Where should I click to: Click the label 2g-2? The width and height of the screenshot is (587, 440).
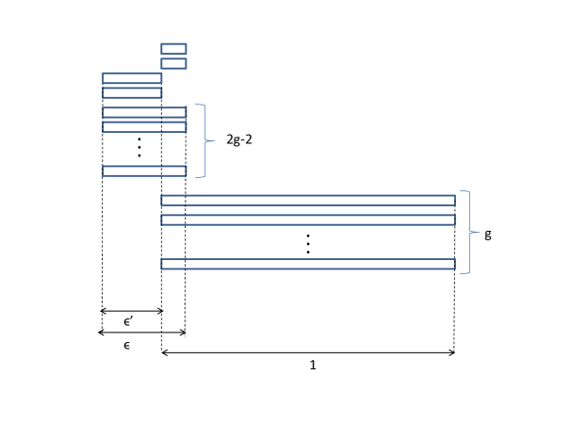(x=239, y=139)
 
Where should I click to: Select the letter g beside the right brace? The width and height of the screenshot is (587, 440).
(x=488, y=235)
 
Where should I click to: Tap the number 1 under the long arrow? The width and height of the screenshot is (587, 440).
(x=313, y=365)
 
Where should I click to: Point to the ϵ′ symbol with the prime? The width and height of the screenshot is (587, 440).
(x=128, y=321)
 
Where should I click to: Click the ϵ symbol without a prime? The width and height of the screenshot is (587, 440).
(x=126, y=345)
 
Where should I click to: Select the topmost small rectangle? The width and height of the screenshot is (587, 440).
(x=173, y=49)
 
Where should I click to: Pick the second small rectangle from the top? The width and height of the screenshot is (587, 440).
(x=173, y=63)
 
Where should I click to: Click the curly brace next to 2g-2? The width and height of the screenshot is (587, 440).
(x=205, y=140)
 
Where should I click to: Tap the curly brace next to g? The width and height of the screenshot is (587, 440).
(x=470, y=232)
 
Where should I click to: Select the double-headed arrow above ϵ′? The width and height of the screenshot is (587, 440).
(x=132, y=311)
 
